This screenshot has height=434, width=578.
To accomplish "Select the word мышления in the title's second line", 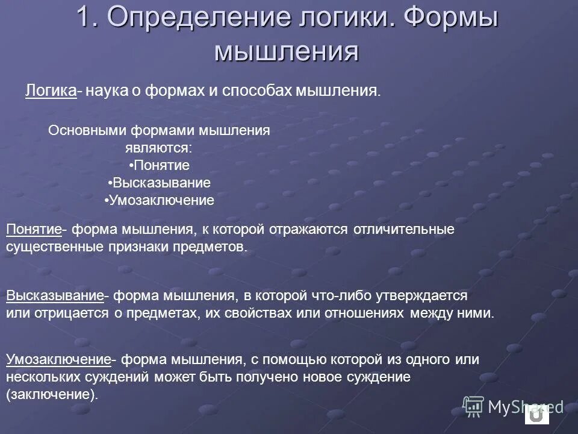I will point(287,51).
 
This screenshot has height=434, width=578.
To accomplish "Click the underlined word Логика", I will point(51,91).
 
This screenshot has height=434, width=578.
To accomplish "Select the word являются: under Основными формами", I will point(159,148).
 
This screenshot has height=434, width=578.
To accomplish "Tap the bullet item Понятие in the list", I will point(160,165).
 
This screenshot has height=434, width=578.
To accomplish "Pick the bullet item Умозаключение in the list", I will point(160,201).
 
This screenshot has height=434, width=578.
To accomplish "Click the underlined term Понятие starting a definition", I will point(34,230).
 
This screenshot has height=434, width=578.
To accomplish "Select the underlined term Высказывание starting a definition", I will point(55,296).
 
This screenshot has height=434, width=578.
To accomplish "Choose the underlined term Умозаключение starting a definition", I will point(59,360).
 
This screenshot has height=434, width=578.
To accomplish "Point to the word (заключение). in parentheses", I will point(51,395).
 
